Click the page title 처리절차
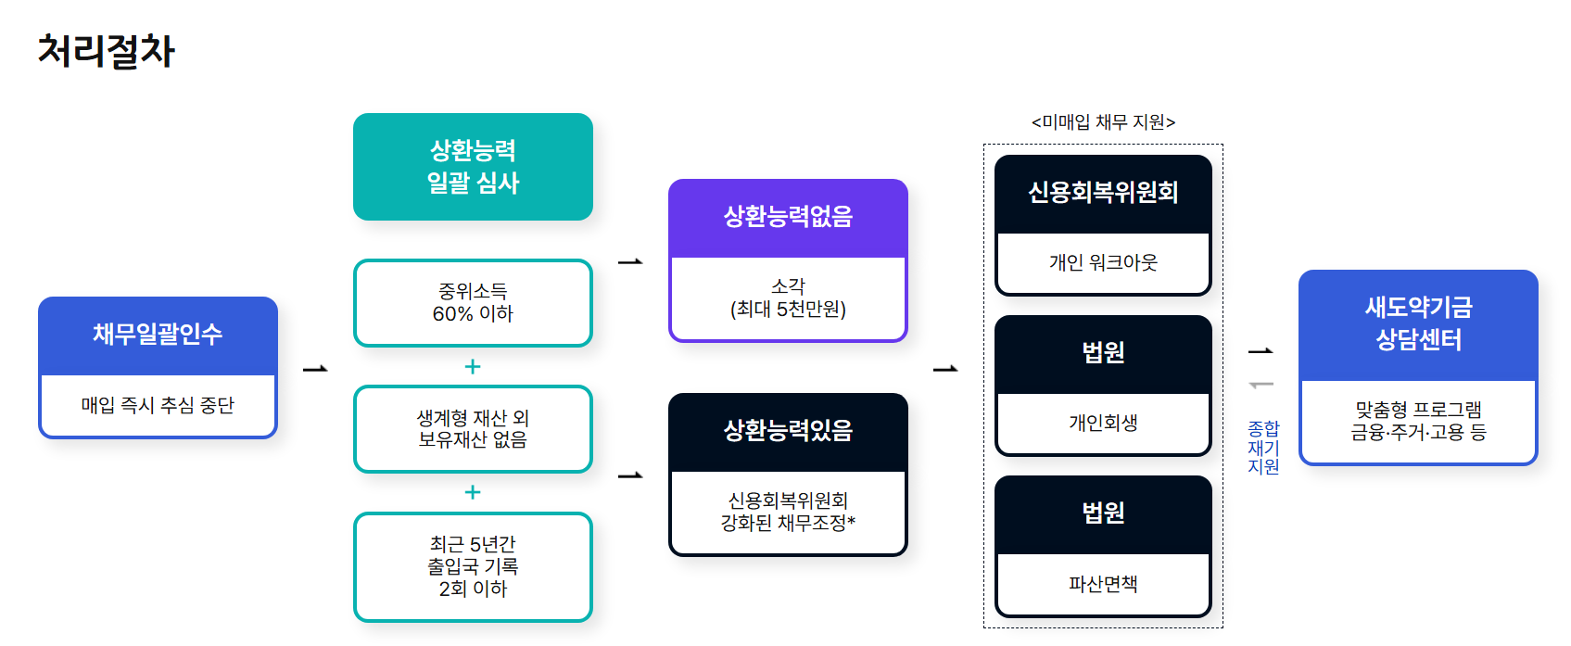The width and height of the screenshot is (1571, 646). (106, 51)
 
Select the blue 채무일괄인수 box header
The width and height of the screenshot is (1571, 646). (158, 335)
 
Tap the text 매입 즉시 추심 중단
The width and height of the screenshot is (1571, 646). (158, 405)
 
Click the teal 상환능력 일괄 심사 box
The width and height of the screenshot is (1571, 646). (473, 167)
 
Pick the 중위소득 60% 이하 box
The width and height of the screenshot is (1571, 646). (473, 303)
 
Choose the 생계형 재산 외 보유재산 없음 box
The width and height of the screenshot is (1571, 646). (473, 429)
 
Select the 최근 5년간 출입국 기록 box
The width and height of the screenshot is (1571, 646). (473, 566)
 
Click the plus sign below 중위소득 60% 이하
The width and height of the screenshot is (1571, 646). (473, 367)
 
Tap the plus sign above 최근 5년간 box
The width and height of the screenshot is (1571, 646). (473, 492)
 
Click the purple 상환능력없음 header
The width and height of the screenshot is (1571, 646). (788, 218)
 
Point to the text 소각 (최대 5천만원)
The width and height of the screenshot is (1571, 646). (788, 298)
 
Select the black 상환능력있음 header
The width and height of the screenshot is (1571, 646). (788, 431)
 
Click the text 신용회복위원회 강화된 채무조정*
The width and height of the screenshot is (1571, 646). (788, 512)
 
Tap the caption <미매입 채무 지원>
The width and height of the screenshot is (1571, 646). (1103, 122)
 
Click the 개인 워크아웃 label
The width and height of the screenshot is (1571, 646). (1103, 263)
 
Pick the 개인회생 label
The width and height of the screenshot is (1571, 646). (1103, 424)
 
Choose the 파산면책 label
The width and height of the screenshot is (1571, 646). (1103, 584)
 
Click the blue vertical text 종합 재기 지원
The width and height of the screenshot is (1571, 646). (1263, 448)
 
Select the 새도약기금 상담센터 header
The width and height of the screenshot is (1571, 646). (1418, 323)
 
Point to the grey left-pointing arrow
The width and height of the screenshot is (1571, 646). (1261, 385)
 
